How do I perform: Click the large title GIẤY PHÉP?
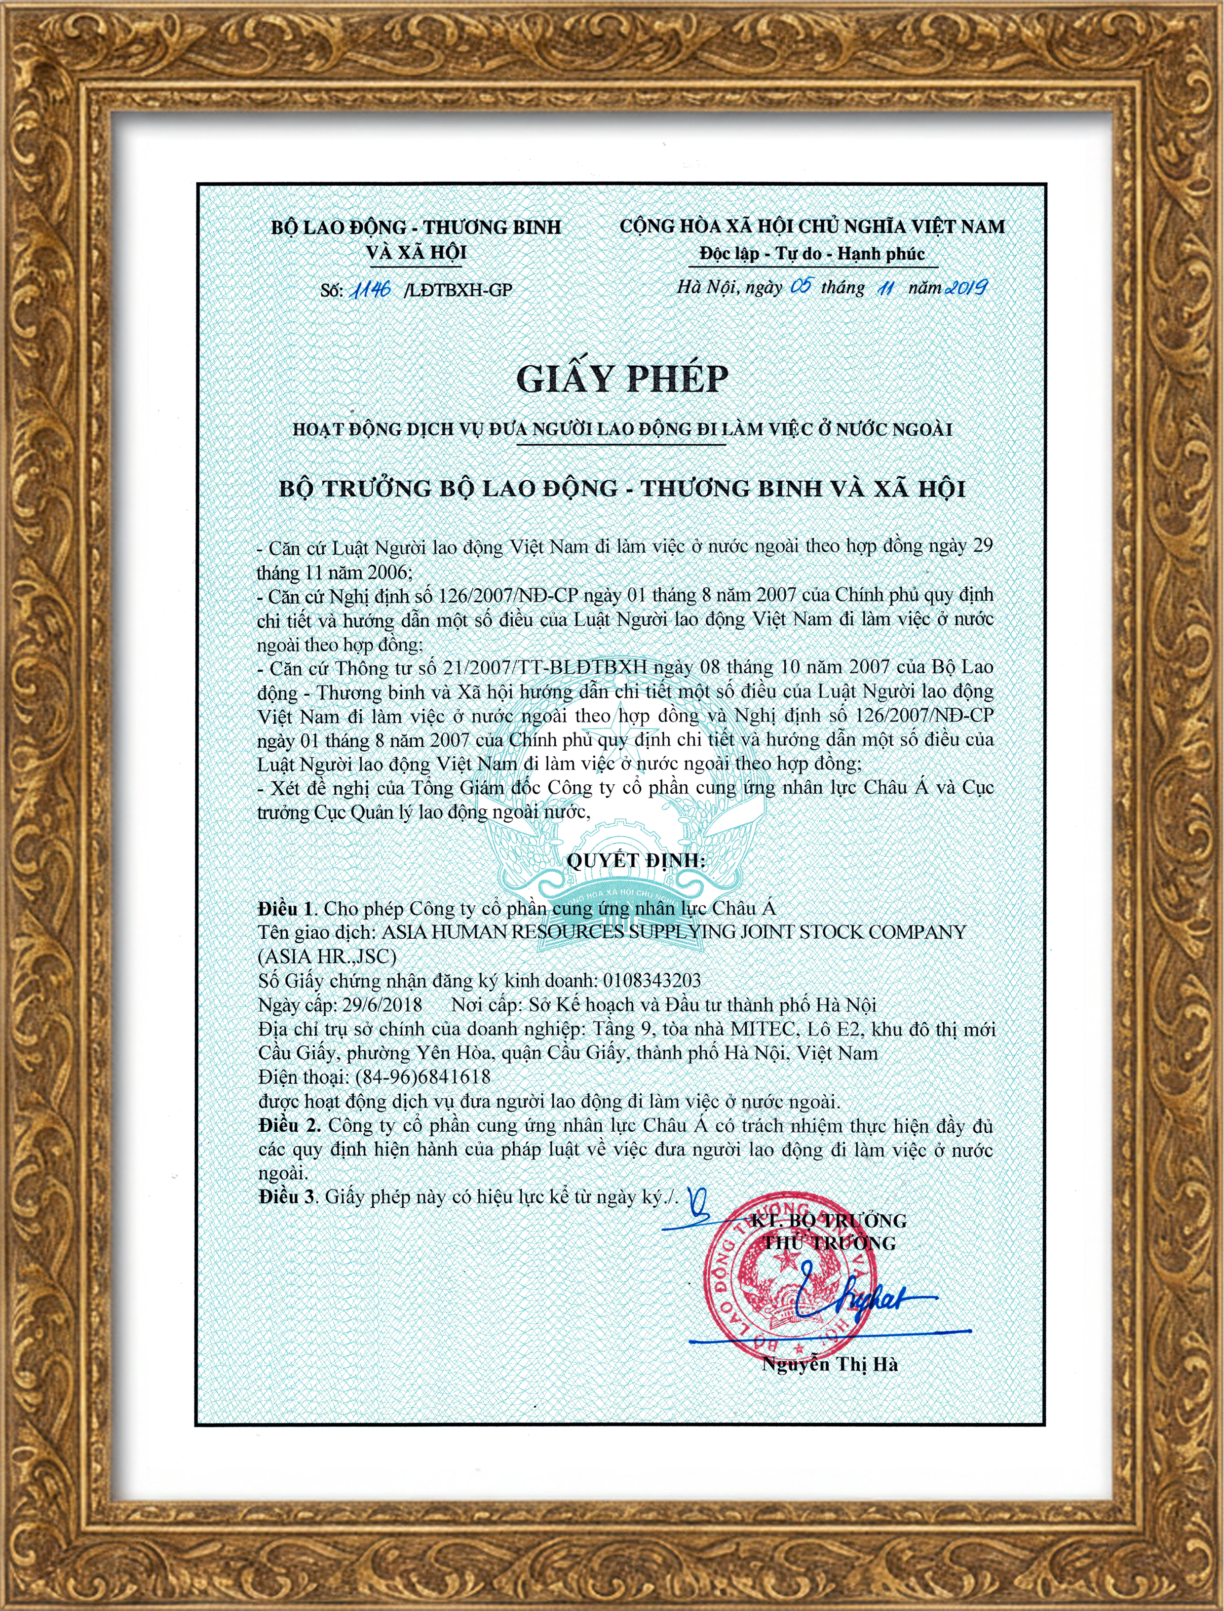(622, 379)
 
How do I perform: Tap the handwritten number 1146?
(371, 289)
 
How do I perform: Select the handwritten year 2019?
(966, 287)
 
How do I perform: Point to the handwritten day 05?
(801, 286)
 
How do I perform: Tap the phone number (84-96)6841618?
(422, 1077)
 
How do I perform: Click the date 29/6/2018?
(382, 1005)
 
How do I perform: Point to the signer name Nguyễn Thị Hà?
(830, 1364)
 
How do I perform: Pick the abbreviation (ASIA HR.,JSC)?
(327, 956)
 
